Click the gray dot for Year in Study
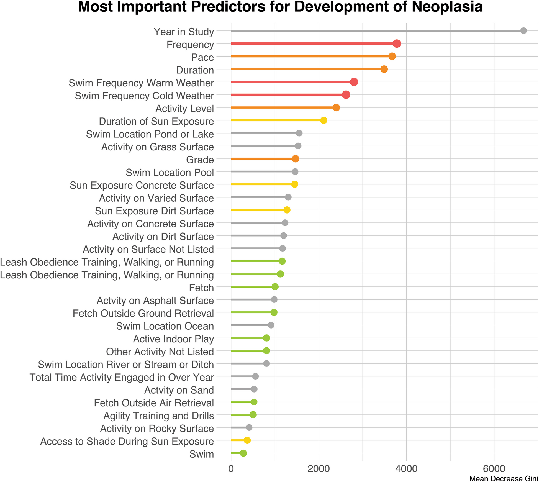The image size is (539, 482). [523, 31]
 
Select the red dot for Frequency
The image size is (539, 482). [397, 43]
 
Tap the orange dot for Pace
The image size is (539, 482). [392, 57]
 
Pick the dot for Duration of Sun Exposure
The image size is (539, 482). [324, 121]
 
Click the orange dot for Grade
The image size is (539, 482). [296, 159]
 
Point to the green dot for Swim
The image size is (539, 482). [243, 453]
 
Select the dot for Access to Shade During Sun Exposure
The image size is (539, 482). [247, 440]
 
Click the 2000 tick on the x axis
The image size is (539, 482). [319, 469]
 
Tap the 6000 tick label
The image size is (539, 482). [494, 469]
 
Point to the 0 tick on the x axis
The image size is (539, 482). [231, 469]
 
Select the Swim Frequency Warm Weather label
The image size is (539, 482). [141, 83]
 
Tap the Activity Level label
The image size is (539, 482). [185, 109]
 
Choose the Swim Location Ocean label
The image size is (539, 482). [165, 326]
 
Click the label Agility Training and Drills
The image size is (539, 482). [158, 416]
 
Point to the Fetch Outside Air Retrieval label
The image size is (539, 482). [154, 403]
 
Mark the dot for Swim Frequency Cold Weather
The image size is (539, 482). [346, 95]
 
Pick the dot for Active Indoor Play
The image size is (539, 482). [266, 338]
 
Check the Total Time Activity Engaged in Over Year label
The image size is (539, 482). [122, 378]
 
